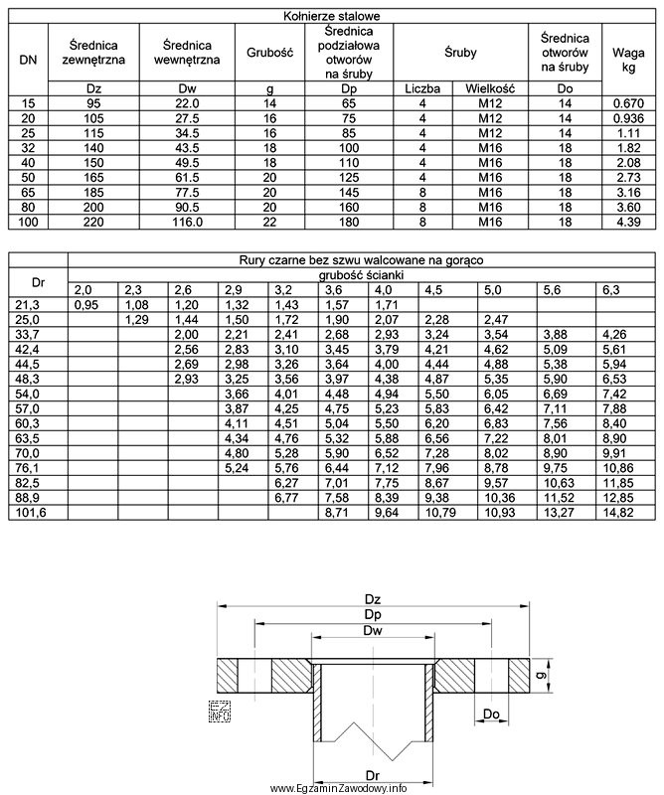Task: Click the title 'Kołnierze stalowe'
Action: tap(332, 15)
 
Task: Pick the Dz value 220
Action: tap(96, 223)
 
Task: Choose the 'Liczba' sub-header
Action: tap(422, 88)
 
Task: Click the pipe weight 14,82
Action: tap(625, 513)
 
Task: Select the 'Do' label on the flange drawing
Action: tap(492, 714)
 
